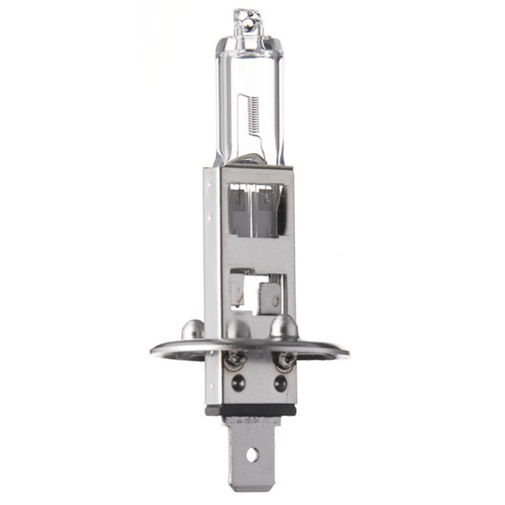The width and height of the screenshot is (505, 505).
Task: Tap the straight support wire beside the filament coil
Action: click(241, 123)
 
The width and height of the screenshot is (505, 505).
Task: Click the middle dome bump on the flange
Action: click(238, 328)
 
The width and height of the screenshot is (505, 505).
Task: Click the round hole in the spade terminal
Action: click(250, 454)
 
